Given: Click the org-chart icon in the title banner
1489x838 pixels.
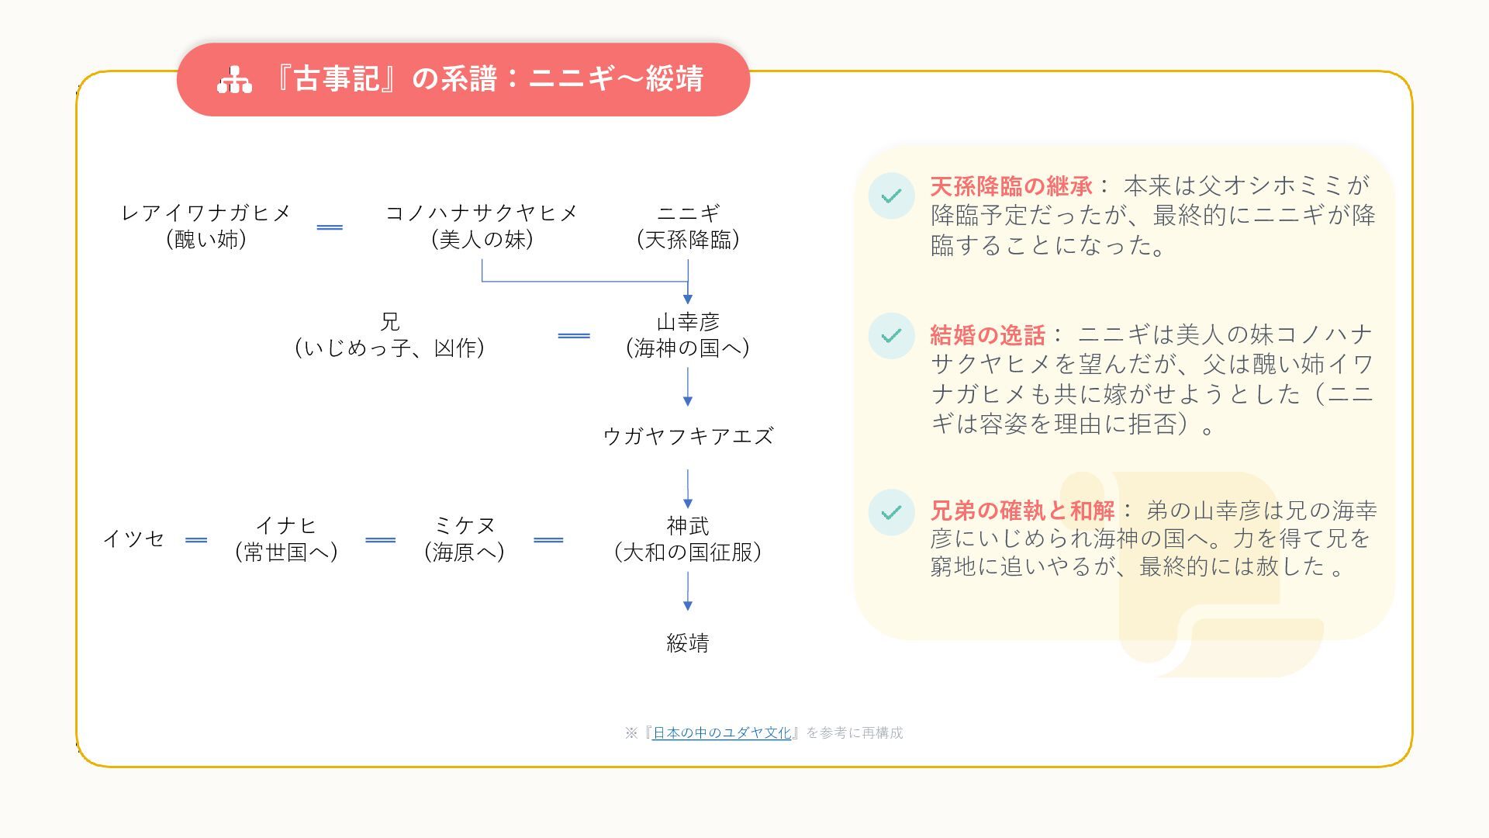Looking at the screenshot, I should (x=234, y=80).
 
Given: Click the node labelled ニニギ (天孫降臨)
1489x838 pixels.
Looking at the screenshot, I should (x=688, y=227).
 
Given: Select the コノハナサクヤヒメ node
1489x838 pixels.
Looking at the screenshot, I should (x=482, y=227).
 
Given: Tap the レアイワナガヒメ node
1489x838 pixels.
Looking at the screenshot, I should (x=206, y=227).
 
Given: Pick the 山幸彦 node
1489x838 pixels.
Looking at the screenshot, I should (x=688, y=335).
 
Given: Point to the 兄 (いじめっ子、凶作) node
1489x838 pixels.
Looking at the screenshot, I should (x=389, y=335).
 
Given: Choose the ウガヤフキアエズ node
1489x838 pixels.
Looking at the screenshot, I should (x=688, y=436).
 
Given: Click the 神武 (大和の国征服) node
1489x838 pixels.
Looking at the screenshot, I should (x=688, y=539).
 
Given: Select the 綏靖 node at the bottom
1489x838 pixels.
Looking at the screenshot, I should (x=688, y=642).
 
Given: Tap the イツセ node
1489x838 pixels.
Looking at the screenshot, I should (x=133, y=538).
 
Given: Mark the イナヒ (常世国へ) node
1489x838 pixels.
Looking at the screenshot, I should (x=286, y=539).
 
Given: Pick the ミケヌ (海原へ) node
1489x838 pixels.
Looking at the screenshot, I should (x=464, y=539).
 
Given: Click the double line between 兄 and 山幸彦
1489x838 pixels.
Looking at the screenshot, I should (x=574, y=336).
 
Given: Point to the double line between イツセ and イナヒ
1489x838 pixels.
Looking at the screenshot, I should (x=196, y=540).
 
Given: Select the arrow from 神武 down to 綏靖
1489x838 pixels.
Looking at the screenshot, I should (x=688, y=591).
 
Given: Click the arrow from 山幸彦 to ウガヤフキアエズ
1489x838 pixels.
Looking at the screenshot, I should (x=688, y=386).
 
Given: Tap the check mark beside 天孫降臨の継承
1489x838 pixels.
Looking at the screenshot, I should (x=892, y=196).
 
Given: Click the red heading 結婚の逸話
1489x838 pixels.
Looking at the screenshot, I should (x=987, y=335).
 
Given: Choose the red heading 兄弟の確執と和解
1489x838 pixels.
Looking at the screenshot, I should (x=1022, y=511).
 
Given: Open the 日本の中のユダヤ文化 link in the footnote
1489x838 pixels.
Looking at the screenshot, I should (x=721, y=732).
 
